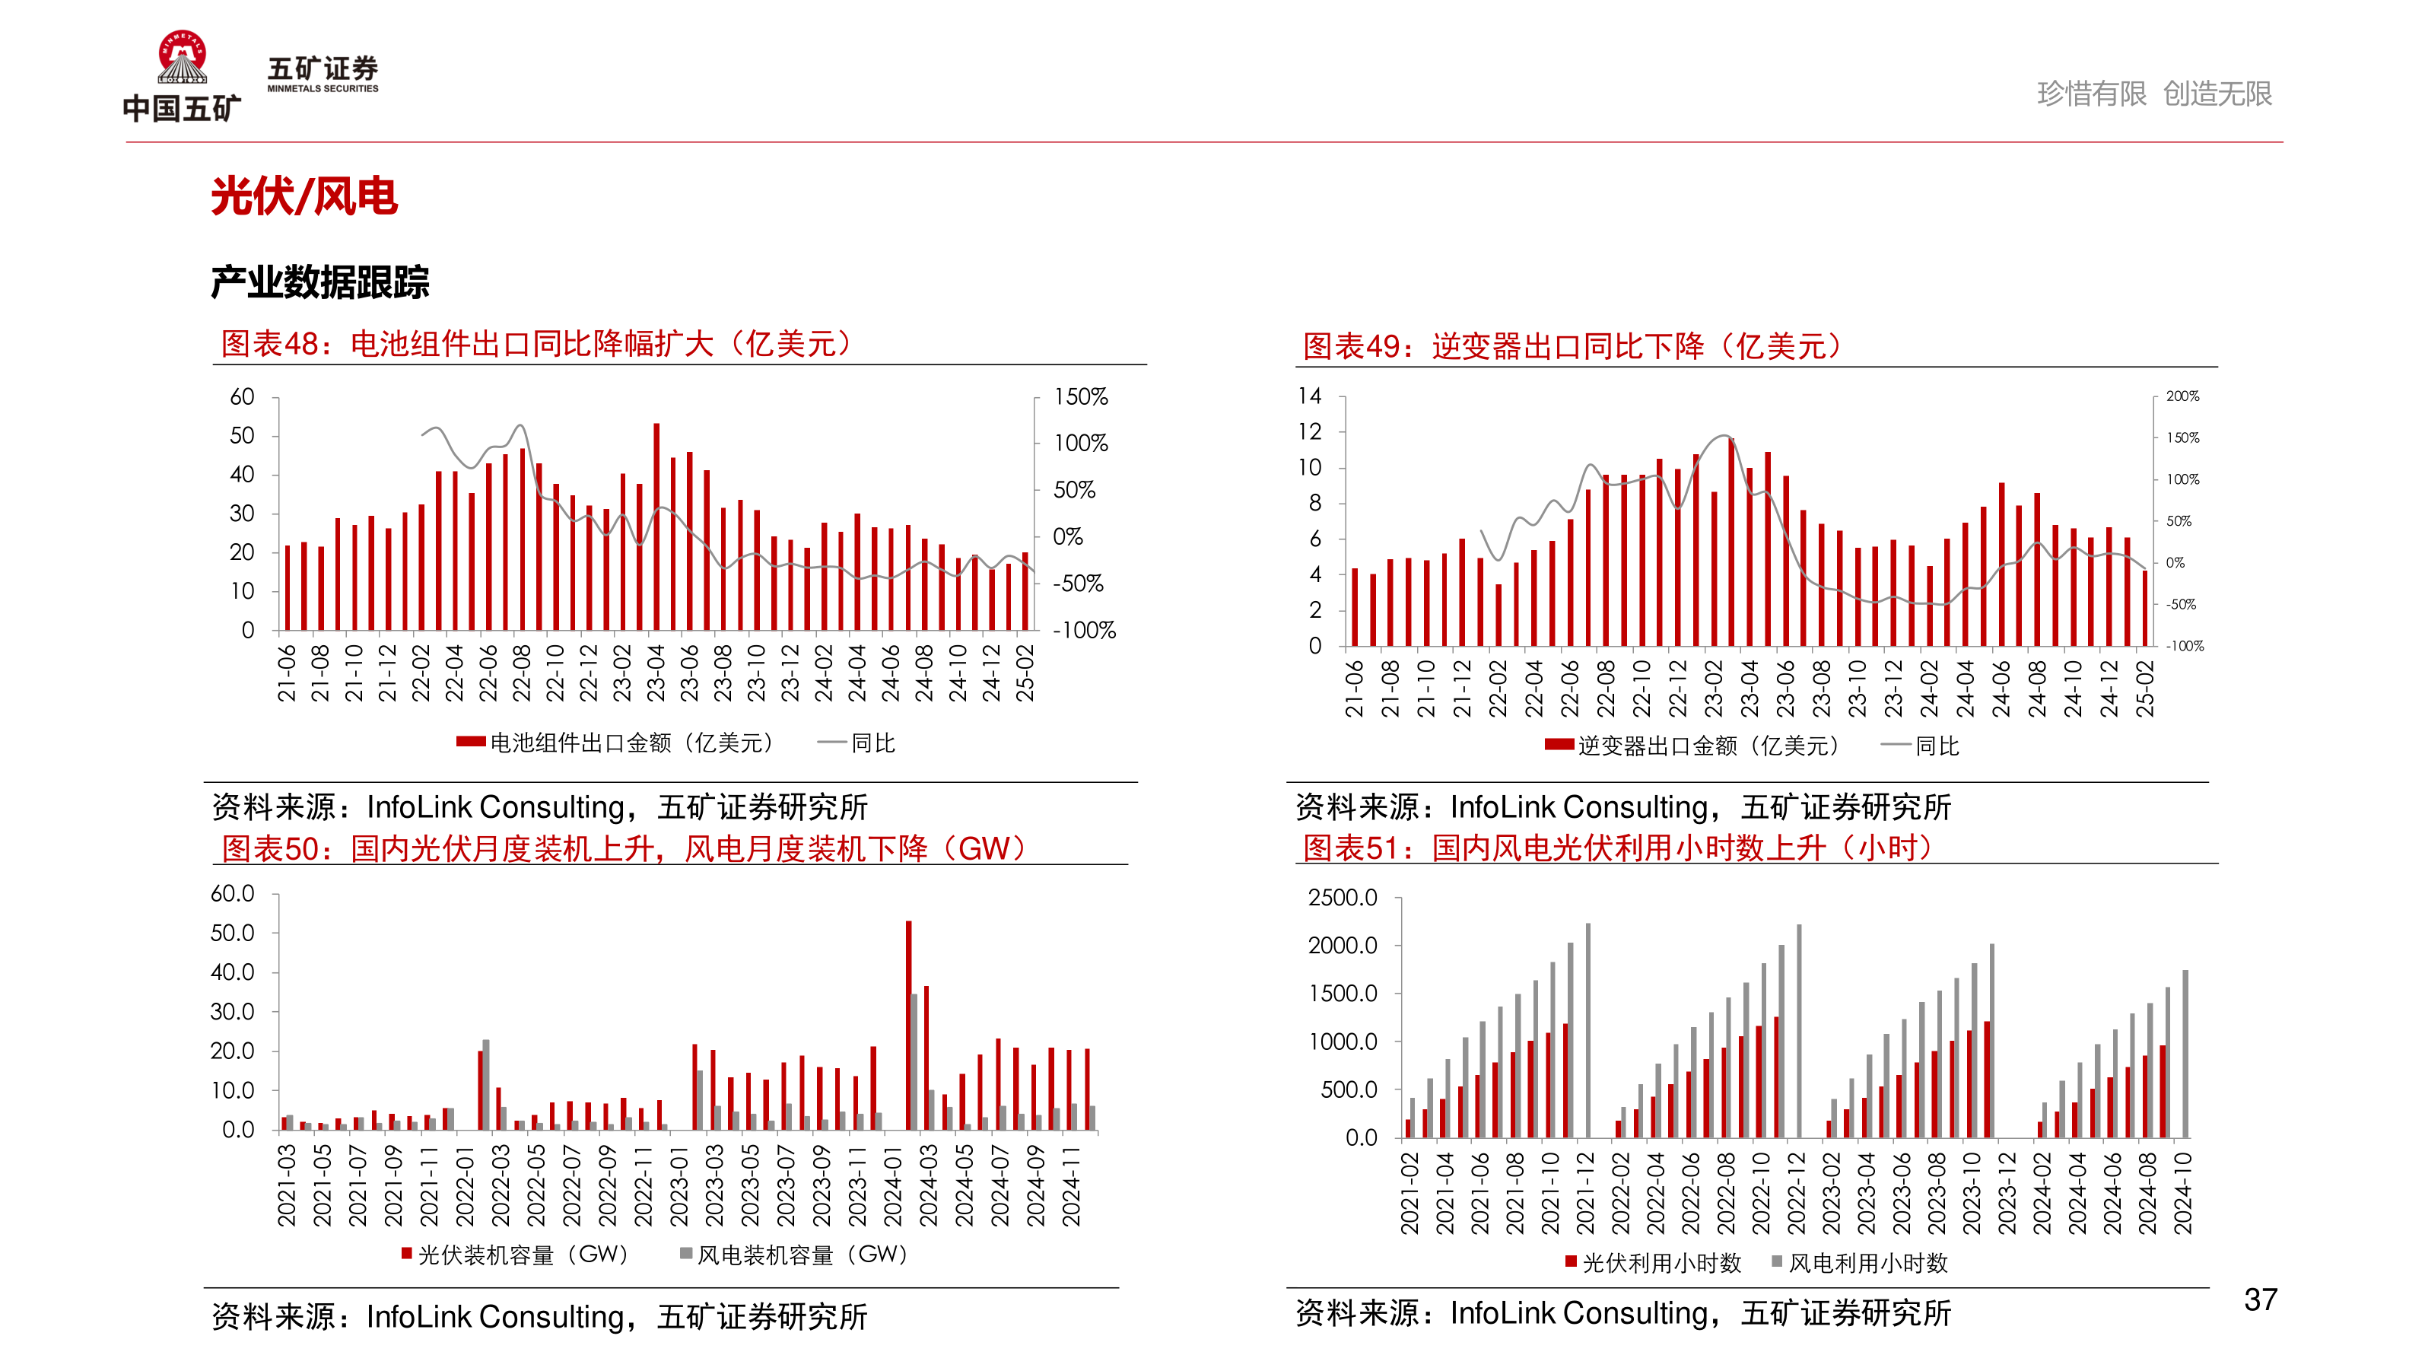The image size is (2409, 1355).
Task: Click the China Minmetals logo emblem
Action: pyautogui.click(x=182, y=58)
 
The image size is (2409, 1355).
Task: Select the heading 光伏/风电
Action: pyautogui.click(x=304, y=196)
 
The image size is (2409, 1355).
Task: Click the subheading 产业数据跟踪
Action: pyautogui.click(x=319, y=281)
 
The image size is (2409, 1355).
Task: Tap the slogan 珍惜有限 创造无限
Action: pyautogui.click(x=2153, y=94)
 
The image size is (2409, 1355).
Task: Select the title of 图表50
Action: pyautogui.click(x=624, y=848)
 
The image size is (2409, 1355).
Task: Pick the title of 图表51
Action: pyautogui.click(x=1617, y=848)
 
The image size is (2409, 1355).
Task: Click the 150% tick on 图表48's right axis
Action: pyautogui.click(x=1080, y=396)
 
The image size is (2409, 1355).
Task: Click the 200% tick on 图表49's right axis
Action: pyautogui.click(x=2182, y=396)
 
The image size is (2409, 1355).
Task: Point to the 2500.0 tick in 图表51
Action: pyautogui.click(x=1342, y=898)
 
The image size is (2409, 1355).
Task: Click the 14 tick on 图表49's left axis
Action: pyautogui.click(x=1309, y=396)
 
